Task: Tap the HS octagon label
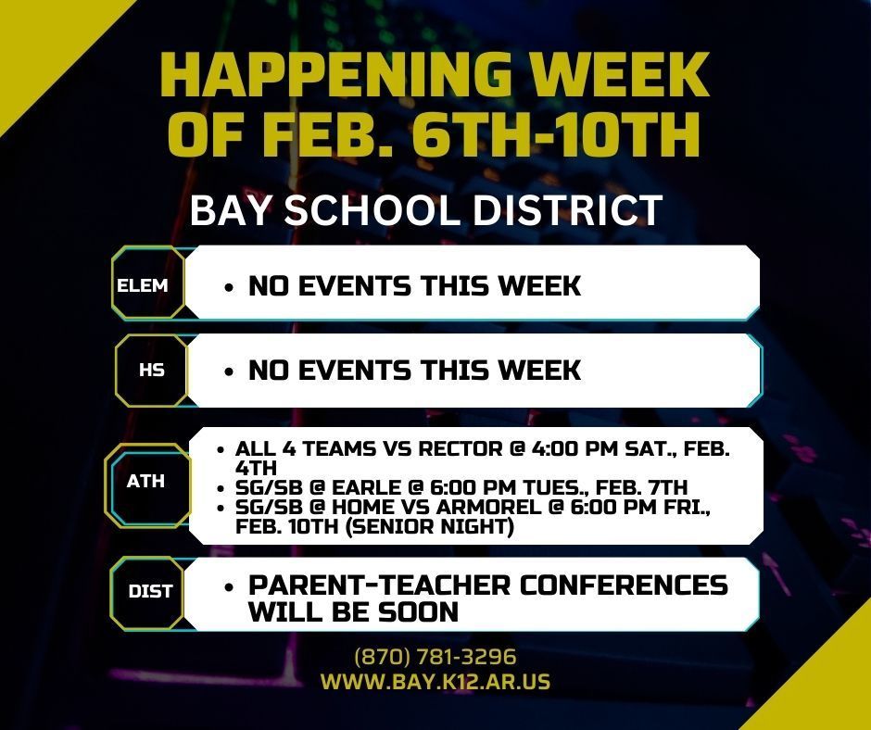152,370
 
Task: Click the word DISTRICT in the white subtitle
567,210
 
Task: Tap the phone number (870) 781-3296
435,657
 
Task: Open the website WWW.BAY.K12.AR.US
435,682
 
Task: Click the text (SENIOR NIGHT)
429,525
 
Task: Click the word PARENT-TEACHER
379,585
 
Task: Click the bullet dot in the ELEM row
229,287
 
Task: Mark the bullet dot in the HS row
229,371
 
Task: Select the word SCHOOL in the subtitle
372,210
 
